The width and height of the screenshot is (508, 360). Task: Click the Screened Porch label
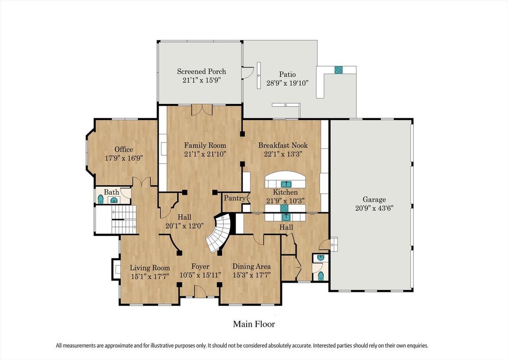(201, 71)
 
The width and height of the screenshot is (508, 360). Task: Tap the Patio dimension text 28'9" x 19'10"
(287, 83)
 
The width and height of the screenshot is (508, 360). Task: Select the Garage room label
(374, 200)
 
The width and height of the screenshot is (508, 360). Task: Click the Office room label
(124, 150)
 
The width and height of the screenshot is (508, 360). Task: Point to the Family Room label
(205, 145)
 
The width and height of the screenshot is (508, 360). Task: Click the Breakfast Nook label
(283, 145)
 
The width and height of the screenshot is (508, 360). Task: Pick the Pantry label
(235, 198)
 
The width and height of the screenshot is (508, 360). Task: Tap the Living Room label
(150, 268)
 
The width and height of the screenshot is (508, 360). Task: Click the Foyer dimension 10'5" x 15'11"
(200, 275)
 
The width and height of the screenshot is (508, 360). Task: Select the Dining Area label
(251, 267)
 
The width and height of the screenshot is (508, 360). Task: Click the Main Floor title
(254, 324)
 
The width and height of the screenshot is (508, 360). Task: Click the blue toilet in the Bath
(101, 199)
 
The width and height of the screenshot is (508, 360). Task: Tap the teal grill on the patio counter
(339, 70)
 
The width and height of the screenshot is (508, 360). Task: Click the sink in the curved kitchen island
(286, 184)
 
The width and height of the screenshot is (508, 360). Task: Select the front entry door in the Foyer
(200, 292)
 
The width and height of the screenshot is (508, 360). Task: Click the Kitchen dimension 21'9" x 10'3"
(285, 201)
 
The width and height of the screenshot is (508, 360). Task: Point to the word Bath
(111, 192)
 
